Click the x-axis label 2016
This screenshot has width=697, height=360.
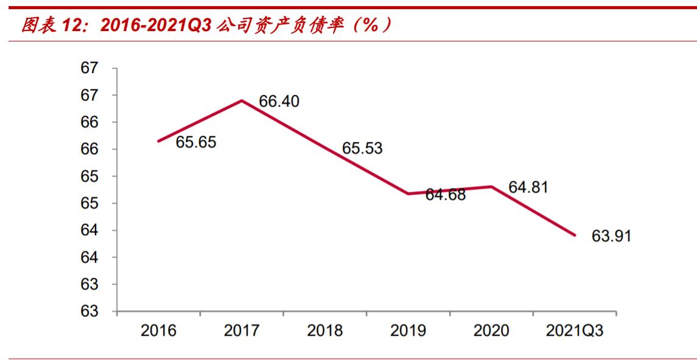click(x=158, y=331)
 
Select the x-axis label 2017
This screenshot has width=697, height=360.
click(x=242, y=331)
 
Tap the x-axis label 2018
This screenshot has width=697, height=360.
click(x=324, y=331)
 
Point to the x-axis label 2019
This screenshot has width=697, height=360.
click(x=408, y=331)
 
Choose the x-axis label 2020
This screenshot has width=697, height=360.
click(x=491, y=331)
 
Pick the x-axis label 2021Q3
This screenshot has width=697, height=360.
click(x=574, y=331)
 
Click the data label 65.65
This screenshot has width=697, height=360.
click(x=196, y=142)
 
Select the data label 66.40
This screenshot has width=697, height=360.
click(x=279, y=102)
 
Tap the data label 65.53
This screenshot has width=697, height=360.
click(x=362, y=148)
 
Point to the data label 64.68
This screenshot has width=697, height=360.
click(x=445, y=195)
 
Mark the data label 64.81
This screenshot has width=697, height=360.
click(x=528, y=187)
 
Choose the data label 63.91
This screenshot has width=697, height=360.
click(x=611, y=236)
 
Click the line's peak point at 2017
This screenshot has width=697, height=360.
click(x=242, y=101)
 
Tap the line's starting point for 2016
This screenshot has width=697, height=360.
click(x=158, y=141)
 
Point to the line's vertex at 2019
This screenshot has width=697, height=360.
click(x=408, y=194)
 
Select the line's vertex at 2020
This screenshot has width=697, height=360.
click(x=491, y=186)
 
